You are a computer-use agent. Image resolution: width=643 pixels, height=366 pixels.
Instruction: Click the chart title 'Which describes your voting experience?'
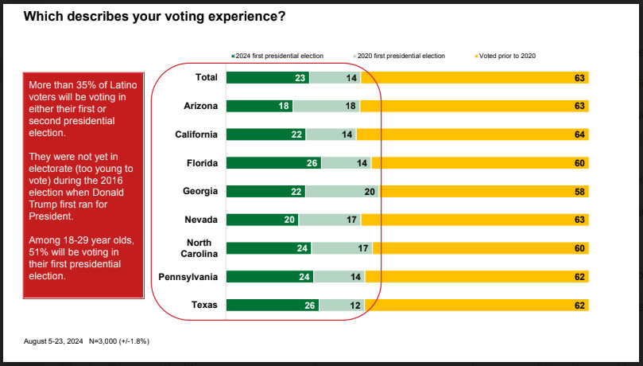(155, 16)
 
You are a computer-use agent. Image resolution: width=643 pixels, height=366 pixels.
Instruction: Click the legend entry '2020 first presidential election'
(398, 56)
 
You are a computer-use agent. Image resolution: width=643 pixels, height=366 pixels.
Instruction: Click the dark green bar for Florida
(273, 162)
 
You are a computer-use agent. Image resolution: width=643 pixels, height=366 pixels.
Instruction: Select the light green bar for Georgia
(343, 191)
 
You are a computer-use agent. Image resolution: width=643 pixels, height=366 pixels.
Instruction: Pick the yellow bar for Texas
(476, 305)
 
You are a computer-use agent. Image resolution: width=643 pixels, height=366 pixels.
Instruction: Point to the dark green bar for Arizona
(259, 106)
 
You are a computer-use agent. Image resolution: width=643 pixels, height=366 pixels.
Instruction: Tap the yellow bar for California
(472, 134)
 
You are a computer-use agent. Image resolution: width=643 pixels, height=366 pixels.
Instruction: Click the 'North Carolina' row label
(197, 247)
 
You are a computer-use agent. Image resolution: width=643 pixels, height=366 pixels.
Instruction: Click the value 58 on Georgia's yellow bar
(580, 191)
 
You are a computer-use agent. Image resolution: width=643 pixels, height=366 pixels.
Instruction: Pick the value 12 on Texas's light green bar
(351, 305)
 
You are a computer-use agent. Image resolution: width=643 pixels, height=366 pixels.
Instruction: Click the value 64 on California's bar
(580, 134)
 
